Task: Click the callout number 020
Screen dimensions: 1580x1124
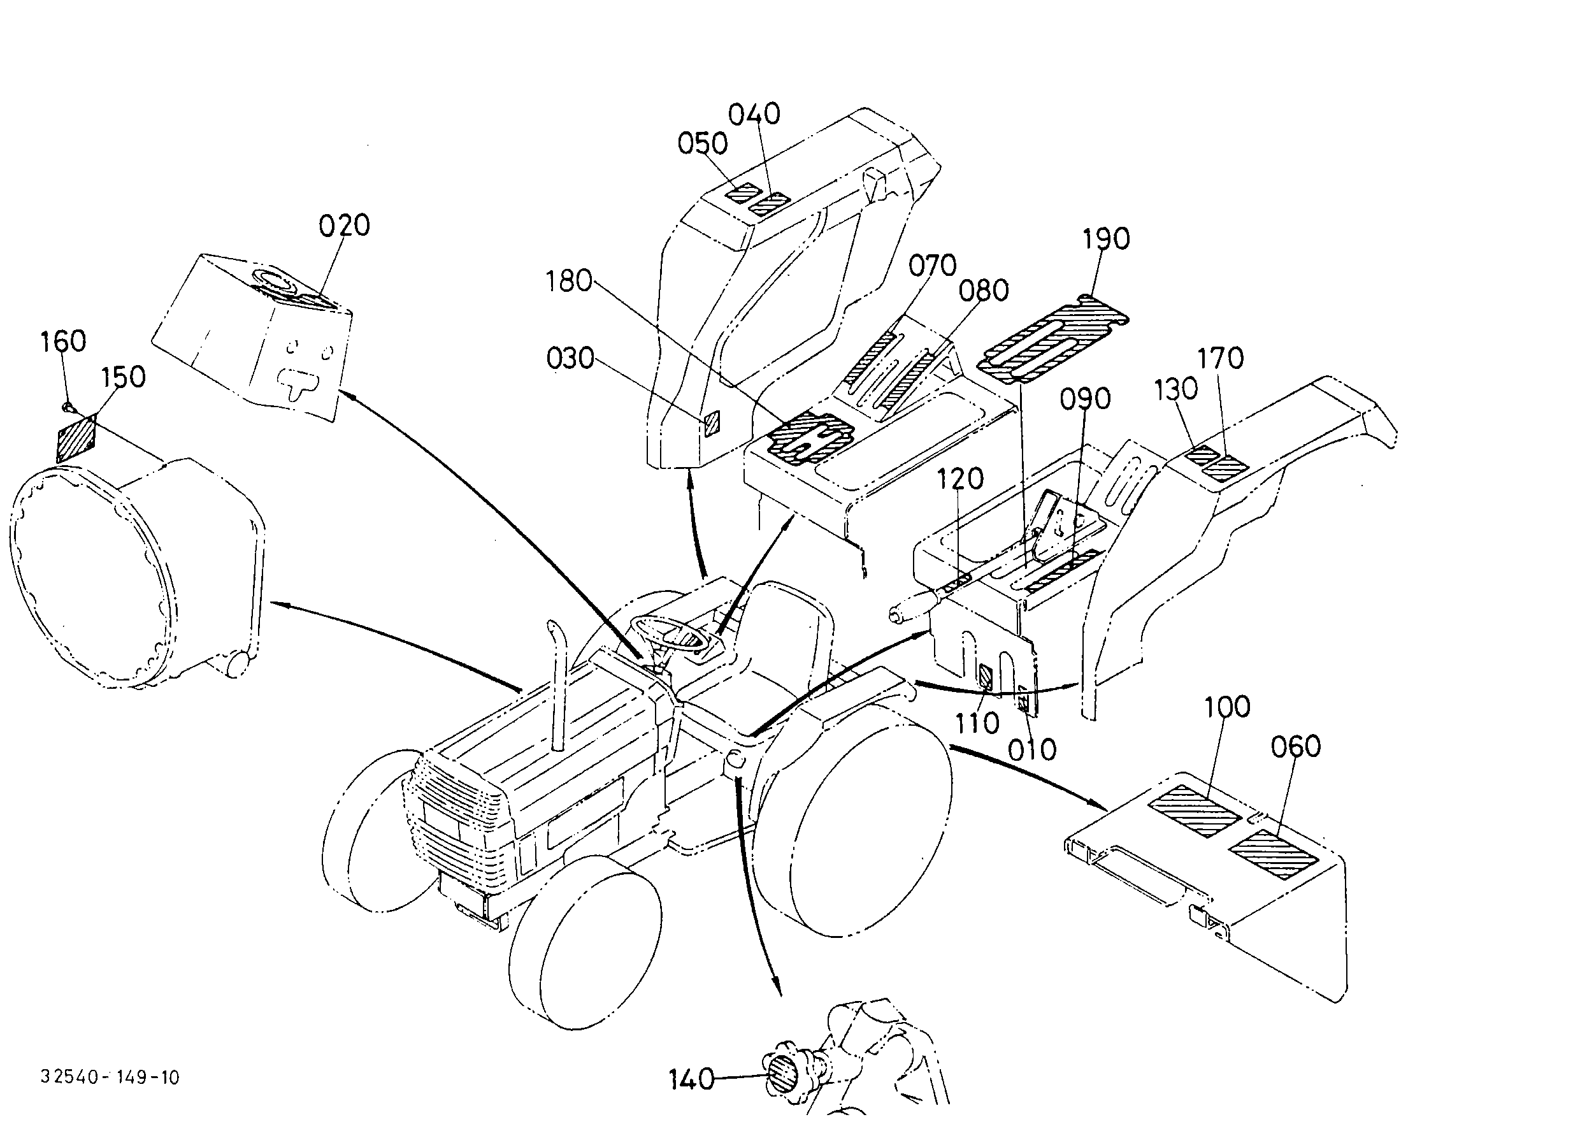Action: tap(344, 226)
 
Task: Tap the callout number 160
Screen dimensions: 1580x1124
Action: tap(63, 342)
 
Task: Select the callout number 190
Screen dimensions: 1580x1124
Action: tap(1106, 239)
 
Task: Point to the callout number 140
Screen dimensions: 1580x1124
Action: tap(691, 1079)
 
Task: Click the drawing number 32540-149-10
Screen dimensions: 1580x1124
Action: tap(110, 1077)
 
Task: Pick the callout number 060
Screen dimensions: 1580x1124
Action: tap(1296, 746)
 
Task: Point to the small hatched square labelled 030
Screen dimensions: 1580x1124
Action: tap(713, 423)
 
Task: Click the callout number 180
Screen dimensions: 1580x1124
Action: tap(568, 281)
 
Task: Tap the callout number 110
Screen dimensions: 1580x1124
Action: tap(977, 724)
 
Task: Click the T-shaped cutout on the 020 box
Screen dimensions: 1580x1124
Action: tap(297, 381)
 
